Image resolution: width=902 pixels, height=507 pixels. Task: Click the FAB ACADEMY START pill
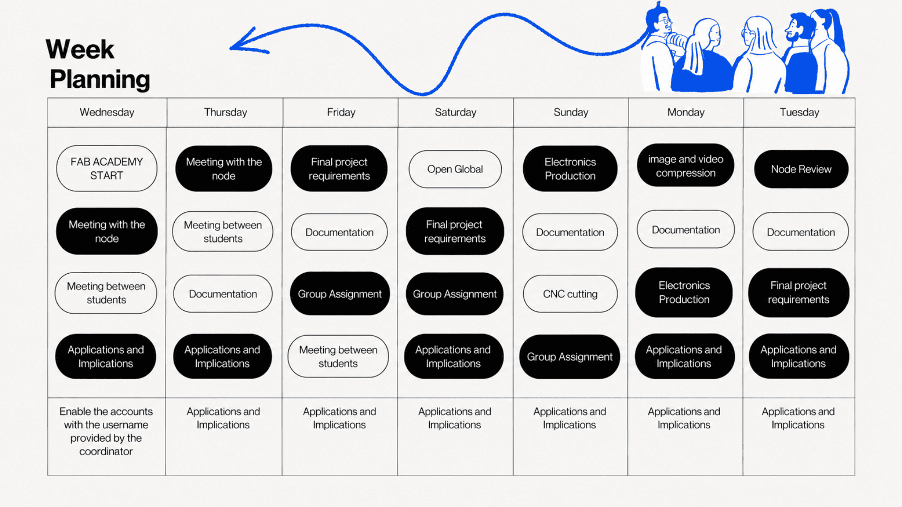[107, 169]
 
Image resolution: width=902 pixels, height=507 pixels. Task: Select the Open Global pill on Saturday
[455, 169]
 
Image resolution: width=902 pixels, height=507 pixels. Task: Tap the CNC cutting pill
[570, 294]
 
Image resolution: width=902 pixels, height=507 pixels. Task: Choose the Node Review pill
[801, 169]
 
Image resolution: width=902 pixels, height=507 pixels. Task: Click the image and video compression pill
[685, 166]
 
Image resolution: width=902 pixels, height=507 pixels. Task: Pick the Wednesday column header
[107, 113]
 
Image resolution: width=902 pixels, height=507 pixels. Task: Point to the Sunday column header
[571, 113]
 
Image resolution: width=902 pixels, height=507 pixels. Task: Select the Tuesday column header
[799, 113]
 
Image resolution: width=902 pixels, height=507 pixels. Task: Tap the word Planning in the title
[100, 79]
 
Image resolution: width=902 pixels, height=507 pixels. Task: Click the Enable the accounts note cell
[106, 437]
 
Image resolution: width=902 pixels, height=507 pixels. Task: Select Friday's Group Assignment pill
[340, 294]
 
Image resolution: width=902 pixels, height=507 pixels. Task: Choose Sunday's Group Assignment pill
[570, 357]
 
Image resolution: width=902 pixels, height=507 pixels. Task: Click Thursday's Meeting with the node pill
[224, 169]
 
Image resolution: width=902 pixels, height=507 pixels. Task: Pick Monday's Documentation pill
[685, 230]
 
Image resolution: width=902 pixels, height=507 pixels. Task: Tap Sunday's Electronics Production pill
[570, 169]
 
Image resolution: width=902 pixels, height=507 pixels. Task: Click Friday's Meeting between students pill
[338, 356]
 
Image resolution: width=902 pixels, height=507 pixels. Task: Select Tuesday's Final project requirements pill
[799, 292]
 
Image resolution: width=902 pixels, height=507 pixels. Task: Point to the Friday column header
[341, 113]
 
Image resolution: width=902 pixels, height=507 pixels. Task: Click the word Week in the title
[80, 49]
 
